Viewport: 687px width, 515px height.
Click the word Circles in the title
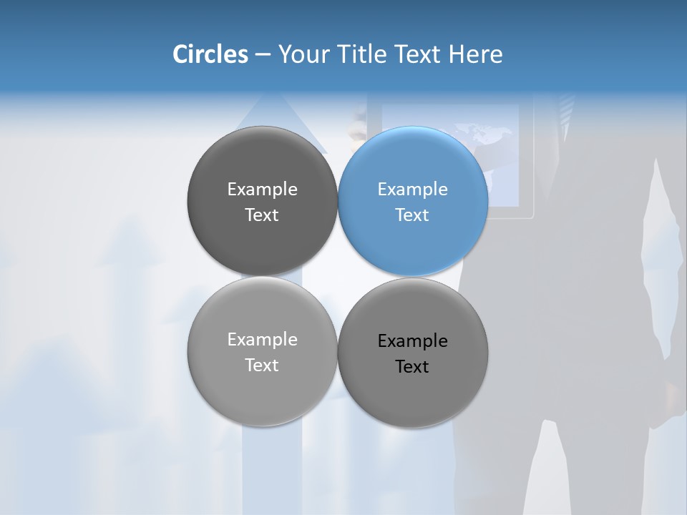210,54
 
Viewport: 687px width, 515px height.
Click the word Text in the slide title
419,54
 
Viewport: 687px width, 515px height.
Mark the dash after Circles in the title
262,55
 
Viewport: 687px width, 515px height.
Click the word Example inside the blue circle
413,189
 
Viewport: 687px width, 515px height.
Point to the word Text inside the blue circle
412,215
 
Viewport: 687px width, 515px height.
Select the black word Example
413,340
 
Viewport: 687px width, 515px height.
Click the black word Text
412,366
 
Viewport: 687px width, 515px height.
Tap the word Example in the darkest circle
262,189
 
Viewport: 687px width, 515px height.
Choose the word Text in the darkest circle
262,215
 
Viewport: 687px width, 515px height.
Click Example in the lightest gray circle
262,339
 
